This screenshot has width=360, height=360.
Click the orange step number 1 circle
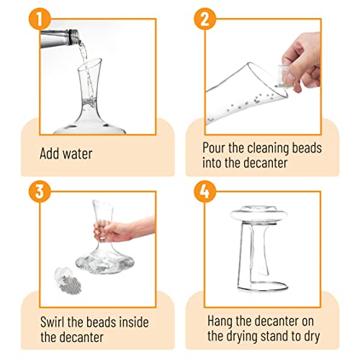coord(40,19)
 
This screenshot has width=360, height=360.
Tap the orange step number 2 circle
coord(205,19)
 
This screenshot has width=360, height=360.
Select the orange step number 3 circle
coord(40,192)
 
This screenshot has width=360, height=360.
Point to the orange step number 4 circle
coord(205,192)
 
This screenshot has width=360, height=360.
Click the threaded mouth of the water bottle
coord(73,37)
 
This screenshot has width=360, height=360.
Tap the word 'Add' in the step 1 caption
coord(50,153)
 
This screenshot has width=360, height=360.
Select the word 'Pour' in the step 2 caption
coord(214,148)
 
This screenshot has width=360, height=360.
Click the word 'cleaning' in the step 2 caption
coord(268,149)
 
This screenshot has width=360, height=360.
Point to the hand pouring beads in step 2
coord(302,62)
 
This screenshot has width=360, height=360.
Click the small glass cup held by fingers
coord(284,77)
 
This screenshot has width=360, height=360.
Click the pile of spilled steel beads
coord(71,283)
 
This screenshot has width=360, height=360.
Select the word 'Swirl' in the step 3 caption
coord(53,322)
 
